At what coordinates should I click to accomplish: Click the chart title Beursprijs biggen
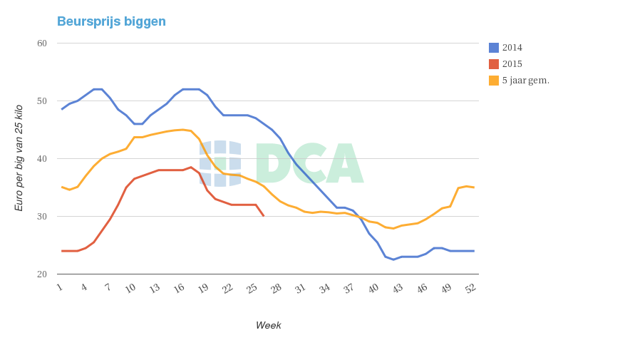111,21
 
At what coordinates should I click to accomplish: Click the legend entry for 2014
512,48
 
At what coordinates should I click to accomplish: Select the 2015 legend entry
512,64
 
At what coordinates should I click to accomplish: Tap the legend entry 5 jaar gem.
525,81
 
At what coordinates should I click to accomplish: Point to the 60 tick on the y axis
42,43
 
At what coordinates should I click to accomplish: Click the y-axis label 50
42,101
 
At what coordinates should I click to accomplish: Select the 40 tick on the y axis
42,159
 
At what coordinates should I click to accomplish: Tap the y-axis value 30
42,217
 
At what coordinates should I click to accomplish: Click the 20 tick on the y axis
42,274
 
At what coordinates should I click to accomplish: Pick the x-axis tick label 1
60,287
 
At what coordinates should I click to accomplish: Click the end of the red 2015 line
264,215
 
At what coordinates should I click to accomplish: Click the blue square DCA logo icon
221,163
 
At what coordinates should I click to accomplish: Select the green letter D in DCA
272,163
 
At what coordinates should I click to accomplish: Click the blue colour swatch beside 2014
494,48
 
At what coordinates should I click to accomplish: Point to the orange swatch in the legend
494,81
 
